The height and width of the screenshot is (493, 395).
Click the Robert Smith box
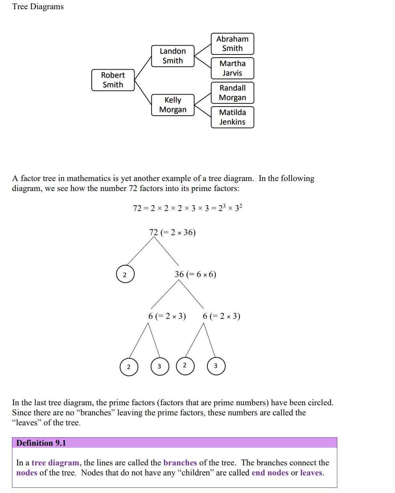tap(113, 80)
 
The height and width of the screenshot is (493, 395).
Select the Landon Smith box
tap(173, 56)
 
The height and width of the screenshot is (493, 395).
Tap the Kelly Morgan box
tap(173, 105)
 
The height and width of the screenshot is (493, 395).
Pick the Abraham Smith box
tap(232, 44)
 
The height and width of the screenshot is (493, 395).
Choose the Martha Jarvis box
tap(232, 68)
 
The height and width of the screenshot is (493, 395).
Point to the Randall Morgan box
tap(232, 93)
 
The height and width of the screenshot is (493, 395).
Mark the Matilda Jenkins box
tap(232, 117)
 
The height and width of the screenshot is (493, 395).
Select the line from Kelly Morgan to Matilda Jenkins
tap(203, 111)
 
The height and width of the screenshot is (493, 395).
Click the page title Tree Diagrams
tap(38, 7)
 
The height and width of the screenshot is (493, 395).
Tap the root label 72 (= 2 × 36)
tap(172, 233)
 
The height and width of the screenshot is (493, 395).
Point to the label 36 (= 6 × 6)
tap(195, 274)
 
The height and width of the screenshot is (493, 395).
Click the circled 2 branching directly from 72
tap(125, 275)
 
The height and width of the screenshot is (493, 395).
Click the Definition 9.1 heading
tap(41, 443)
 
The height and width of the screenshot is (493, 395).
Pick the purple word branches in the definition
tap(180, 463)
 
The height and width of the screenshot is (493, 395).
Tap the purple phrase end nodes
tap(270, 473)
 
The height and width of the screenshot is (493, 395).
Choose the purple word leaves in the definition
tap(311, 473)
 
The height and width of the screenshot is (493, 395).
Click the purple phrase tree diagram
tap(55, 463)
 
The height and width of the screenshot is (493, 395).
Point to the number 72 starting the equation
tap(137, 208)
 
